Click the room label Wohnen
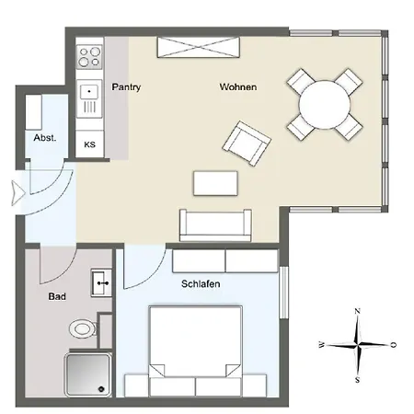[237, 87]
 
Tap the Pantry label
[125, 87]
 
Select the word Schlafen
[200, 284]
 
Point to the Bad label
[56, 297]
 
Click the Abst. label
[45, 137]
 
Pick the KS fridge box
[90, 144]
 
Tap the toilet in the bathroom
[85, 328]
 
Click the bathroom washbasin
[100, 282]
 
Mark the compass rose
[358, 345]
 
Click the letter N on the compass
[358, 312]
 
